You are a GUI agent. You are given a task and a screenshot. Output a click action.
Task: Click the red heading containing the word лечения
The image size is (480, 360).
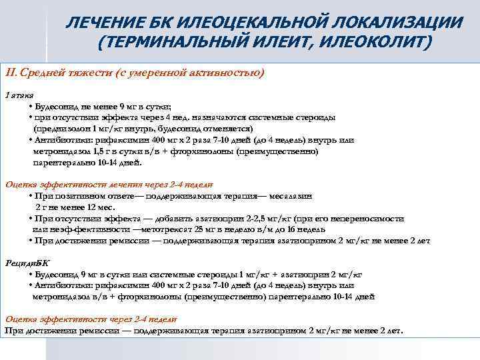109,185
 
